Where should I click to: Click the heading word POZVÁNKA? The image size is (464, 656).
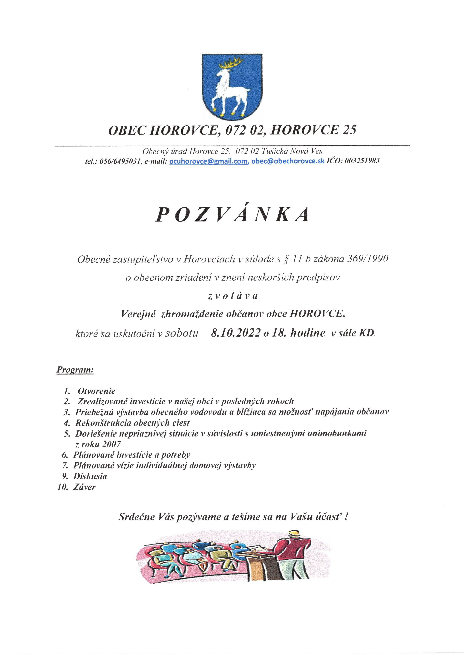(232, 214)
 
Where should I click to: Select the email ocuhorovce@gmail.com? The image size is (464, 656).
(209, 161)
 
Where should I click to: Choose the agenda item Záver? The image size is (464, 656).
(84, 487)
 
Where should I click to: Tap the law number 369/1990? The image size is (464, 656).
(368, 259)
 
